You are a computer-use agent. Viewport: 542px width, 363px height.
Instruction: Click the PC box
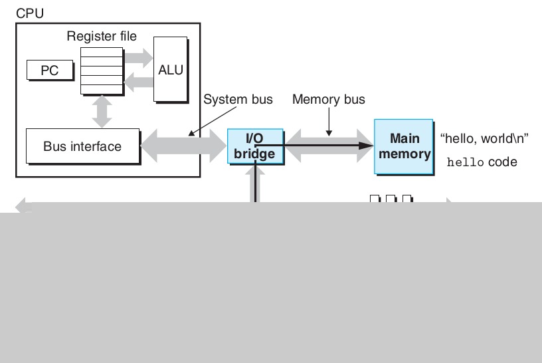point(50,70)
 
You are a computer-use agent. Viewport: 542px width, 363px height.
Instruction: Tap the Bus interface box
point(82,146)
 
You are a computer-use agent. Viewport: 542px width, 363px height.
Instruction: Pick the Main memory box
point(403,146)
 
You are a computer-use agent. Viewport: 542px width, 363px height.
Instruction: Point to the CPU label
point(30,13)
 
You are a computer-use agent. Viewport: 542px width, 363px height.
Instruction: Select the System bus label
point(237,100)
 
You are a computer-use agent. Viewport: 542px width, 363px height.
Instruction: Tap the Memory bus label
point(328,100)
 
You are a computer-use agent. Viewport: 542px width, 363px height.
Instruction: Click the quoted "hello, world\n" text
point(484,139)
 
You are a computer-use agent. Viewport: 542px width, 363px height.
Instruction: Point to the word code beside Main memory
point(503,162)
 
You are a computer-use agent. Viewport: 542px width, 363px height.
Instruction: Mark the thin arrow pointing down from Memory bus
point(328,124)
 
